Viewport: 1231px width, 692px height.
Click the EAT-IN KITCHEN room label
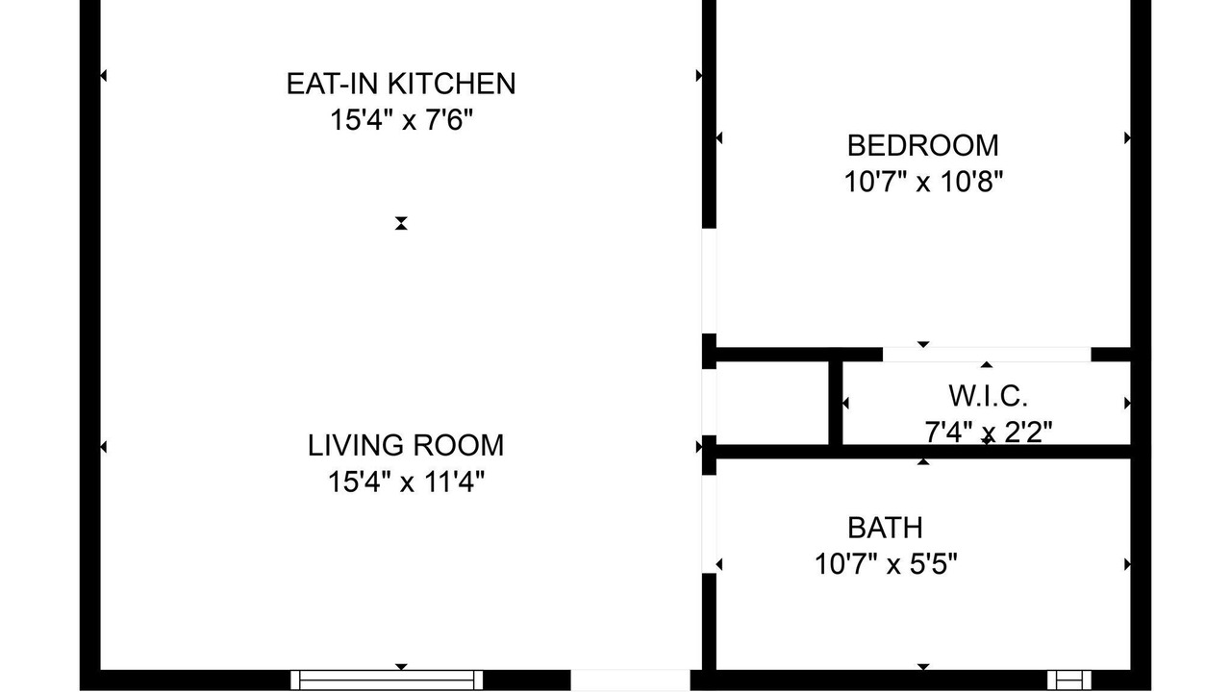click(401, 84)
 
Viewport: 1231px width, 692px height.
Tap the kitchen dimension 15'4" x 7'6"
click(401, 120)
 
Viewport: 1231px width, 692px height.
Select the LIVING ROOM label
click(406, 445)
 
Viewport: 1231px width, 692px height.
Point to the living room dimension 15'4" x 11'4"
click(406, 482)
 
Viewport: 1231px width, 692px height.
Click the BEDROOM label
click(922, 145)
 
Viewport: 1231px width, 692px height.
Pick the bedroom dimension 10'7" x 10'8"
click(923, 182)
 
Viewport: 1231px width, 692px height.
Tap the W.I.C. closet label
click(988, 396)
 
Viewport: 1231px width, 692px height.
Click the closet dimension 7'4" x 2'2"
click(988, 432)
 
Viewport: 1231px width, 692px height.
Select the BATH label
click(885, 529)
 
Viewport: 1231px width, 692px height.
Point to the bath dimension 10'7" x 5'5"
click(886, 564)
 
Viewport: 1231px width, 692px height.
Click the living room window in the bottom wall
click(387, 680)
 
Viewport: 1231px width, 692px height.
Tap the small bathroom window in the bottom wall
click(1068, 680)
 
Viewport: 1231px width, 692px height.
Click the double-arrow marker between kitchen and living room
click(401, 224)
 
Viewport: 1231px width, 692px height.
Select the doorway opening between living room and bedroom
click(709, 281)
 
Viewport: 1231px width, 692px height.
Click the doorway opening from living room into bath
click(709, 525)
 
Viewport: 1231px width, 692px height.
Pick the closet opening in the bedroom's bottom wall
click(987, 355)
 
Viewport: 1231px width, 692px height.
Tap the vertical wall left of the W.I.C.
click(836, 403)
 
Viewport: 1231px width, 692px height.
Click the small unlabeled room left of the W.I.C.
click(772, 403)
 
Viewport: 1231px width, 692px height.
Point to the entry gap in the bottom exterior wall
click(630, 680)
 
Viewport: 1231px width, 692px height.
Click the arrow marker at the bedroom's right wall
click(1127, 137)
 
